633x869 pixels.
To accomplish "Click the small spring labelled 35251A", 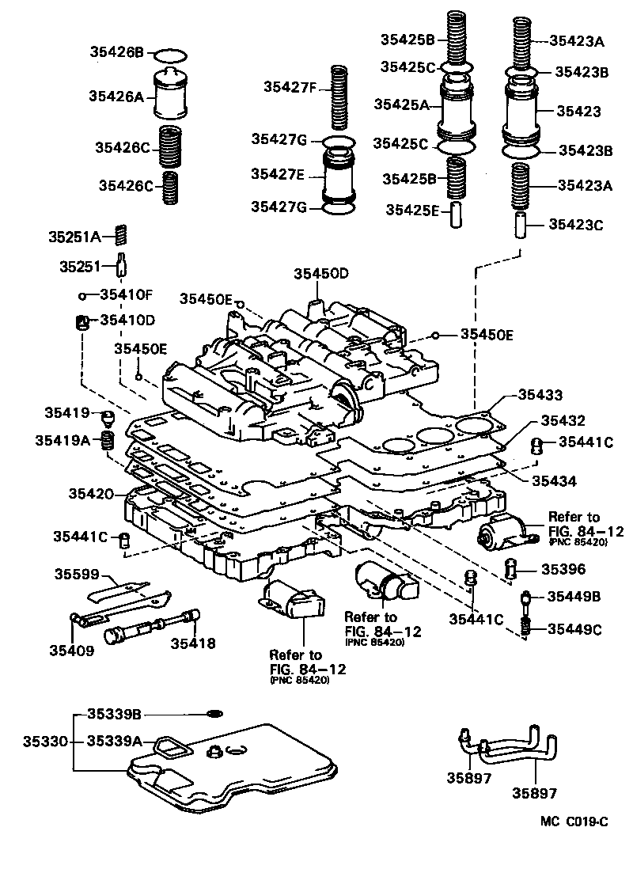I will pos(121,235).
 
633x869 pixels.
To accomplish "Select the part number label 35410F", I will pos(126,295).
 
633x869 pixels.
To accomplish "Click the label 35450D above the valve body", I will pos(321,274).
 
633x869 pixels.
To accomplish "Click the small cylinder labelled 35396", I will pos(512,567).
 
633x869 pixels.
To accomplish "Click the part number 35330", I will pos(44,742).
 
